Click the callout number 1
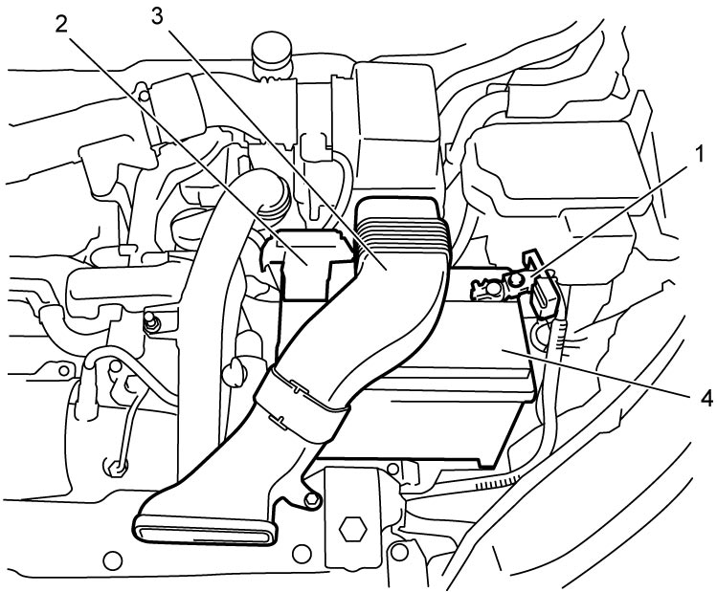[x=698, y=156]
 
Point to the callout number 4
[x=706, y=399]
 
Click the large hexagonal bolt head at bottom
[x=352, y=529]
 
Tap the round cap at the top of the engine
[x=272, y=48]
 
